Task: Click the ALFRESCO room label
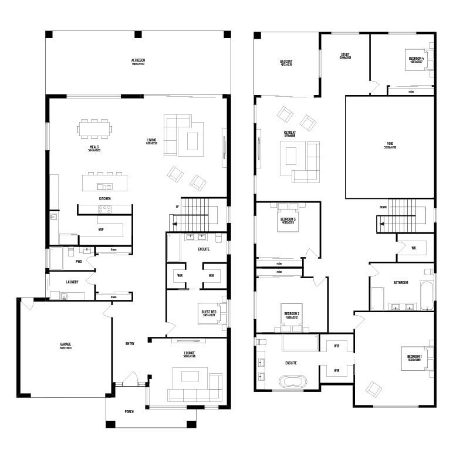[x=138, y=60]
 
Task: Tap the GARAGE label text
[x=65, y=344]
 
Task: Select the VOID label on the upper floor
[x=390, y=144]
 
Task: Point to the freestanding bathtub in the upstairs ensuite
[x=291, y=382]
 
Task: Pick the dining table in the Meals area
[x=95, y=127]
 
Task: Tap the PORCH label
[x=129, y=412]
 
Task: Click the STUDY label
[x=345, y=55]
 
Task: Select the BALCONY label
[x=286, y=62]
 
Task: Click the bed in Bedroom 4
[x=421, y=59]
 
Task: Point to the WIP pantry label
[x=101, y=230]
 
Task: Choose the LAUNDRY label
[x=72, y=282]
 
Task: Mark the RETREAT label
[x=289, y=133]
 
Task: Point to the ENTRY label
[x=130, y=344]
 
